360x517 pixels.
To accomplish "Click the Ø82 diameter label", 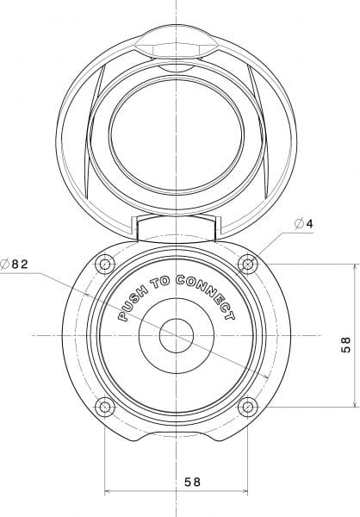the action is [x=14, y=265].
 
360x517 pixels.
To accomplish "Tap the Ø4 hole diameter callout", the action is [x=303, y=224].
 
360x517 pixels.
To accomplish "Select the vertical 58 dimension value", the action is [x=346, y=345].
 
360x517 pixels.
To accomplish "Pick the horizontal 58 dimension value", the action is [x=192, y=482].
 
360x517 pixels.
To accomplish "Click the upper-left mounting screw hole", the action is [x=105, y=265].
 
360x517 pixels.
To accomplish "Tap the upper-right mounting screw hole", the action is [x=247, y=265].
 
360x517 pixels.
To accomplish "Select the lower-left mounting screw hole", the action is [x=105, y=407].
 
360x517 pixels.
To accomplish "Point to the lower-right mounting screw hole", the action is [x=247, y=407].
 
